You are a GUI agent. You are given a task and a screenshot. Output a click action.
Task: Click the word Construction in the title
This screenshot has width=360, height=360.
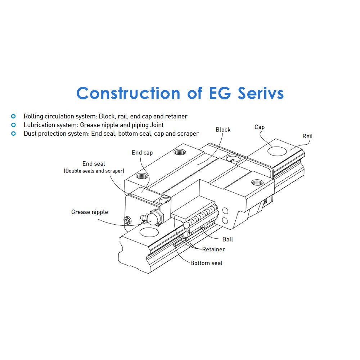[129, 93]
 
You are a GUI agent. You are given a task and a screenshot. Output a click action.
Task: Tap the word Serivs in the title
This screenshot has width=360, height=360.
[261, 93]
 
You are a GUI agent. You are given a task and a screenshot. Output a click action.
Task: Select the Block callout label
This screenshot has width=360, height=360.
[223, 130]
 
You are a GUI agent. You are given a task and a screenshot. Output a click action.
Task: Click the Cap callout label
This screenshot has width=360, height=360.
[260, 127]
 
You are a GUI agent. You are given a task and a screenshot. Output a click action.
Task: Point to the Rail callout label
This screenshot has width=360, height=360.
[308, 136]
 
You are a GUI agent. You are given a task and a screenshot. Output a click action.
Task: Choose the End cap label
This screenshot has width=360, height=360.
[142, 153]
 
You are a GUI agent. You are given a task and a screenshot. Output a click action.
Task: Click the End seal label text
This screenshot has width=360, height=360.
[94, 164]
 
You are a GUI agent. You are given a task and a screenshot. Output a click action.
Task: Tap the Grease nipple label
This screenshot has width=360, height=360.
[90, 212]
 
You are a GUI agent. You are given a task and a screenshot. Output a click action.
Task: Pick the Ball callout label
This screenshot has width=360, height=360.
[228, 239]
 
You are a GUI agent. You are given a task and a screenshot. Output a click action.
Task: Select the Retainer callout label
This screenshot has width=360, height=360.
[213, 249]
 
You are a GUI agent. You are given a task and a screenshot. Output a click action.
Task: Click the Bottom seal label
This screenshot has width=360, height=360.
[206, 263]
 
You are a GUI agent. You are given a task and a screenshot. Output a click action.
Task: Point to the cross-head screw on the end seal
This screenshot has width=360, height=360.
[127, 220]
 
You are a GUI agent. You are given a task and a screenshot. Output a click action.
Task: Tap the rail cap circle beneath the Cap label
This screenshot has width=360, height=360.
[277, 151]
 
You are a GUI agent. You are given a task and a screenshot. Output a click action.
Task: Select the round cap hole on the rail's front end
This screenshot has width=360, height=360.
[149, 232]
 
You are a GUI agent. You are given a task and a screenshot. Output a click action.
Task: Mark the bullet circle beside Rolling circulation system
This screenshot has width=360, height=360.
[14, 116]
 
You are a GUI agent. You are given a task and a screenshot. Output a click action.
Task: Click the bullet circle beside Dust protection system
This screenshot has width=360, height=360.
[14, 134]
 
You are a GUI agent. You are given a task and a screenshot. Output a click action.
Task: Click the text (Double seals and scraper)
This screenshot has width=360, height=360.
[94, 171]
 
